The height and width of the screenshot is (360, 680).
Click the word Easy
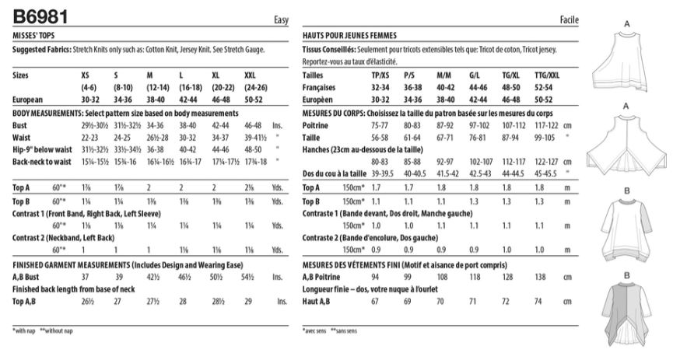[281, 20]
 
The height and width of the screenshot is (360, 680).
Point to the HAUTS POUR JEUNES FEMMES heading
[349, 36]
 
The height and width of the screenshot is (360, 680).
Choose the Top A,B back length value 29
[247, 301]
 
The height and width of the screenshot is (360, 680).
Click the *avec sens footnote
[314, 330]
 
